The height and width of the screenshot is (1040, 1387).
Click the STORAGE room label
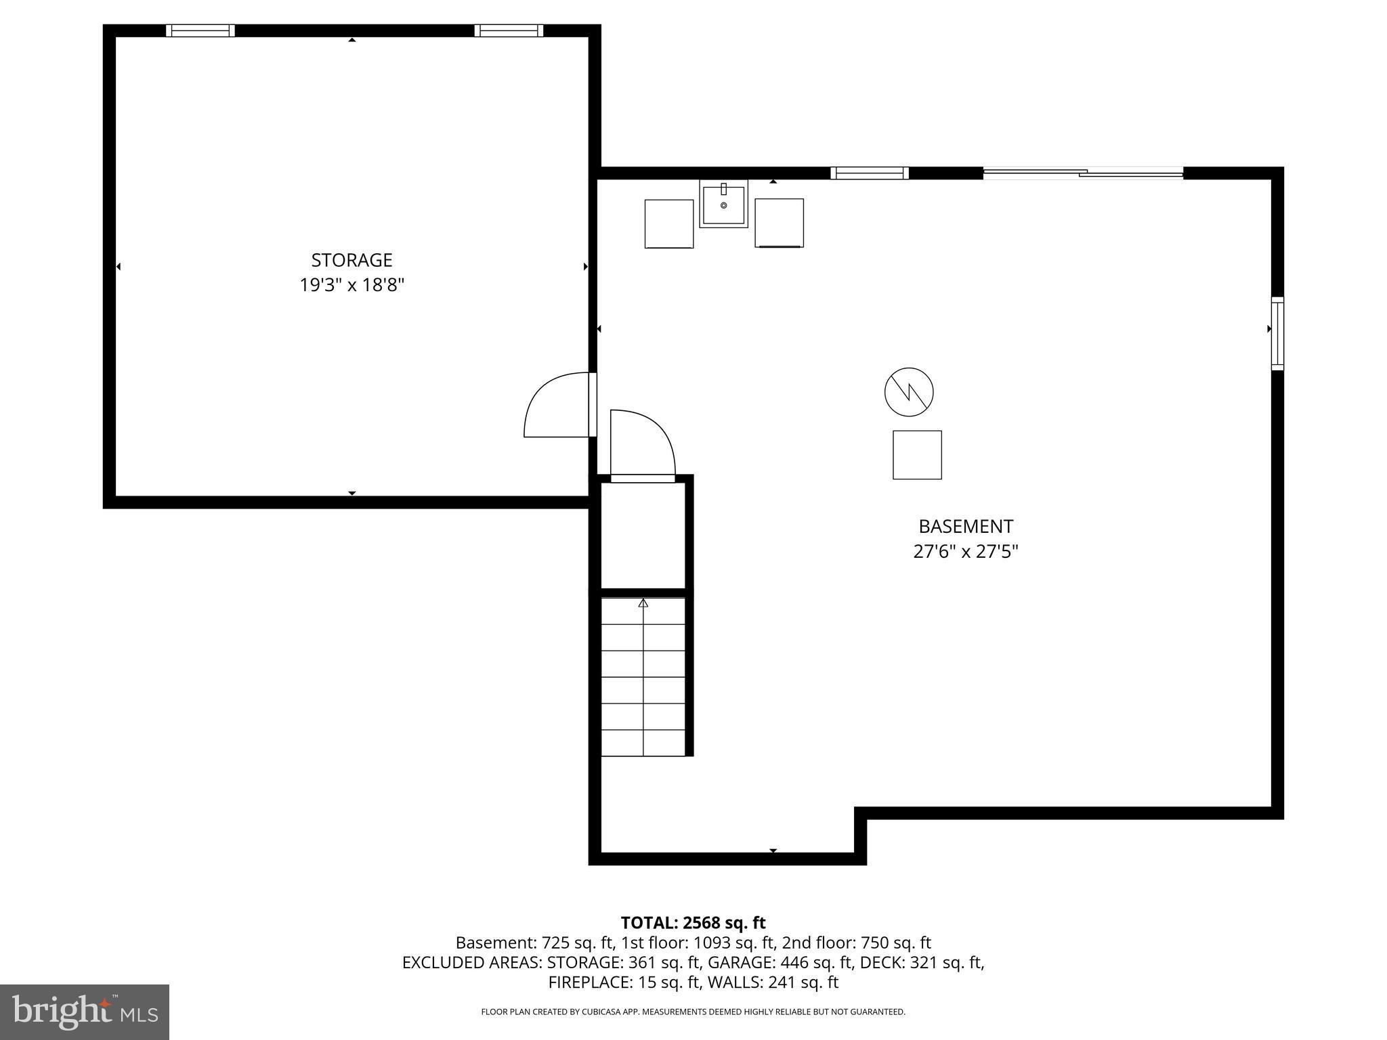coord(351,260)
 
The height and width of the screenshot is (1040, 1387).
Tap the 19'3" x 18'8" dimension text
coord(351,285)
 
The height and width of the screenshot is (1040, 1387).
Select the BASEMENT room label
coord(965,526)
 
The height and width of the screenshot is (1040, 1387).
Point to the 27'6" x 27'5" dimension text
coord(965,552)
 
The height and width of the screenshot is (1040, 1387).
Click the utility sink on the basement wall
coord(723,203)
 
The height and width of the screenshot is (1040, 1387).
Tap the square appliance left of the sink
coord(668,223)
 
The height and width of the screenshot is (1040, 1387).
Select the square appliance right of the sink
coord(779,223)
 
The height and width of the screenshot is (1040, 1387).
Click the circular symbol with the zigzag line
coord(909,392)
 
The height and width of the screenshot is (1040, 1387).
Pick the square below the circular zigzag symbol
coord(917,455)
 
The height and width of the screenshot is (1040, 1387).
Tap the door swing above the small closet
coord(642,443)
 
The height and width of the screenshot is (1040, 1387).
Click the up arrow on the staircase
coord(643,603)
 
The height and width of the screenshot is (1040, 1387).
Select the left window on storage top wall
coord(200,30)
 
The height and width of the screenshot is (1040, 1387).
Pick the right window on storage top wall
coord(509,30)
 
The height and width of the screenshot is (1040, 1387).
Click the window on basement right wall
coord(1277,333)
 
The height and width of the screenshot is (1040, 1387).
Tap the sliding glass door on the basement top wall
coord(1082,173)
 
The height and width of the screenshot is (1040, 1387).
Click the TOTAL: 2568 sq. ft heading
coord(693,923)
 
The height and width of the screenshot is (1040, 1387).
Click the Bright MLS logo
coord(85,1012)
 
